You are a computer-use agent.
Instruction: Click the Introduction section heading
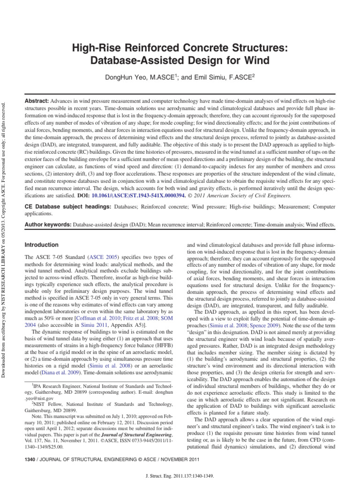[x=41, y=245]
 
